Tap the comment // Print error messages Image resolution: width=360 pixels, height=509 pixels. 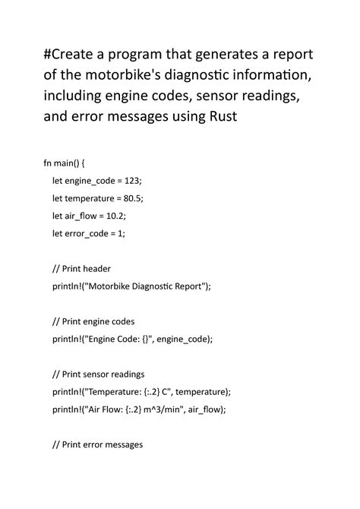tap(97, 444)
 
